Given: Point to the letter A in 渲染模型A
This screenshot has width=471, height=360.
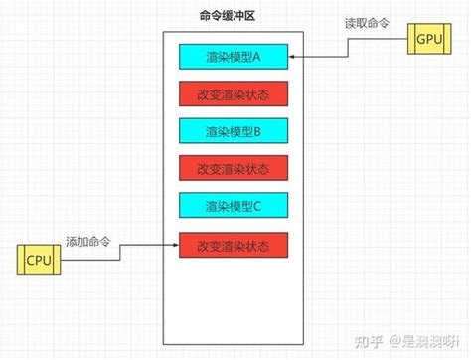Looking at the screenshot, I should coord(256,58).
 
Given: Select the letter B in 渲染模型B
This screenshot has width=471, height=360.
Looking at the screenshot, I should coord(256,131).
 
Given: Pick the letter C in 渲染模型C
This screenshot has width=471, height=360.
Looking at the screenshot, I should coord(256,206).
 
